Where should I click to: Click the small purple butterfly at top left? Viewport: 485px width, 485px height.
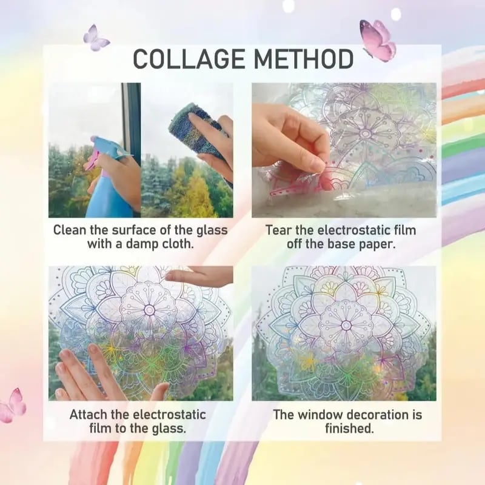point(96,38)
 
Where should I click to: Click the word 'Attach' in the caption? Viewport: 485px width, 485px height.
point(89,415)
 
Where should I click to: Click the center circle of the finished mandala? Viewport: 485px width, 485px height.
point(346,325)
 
